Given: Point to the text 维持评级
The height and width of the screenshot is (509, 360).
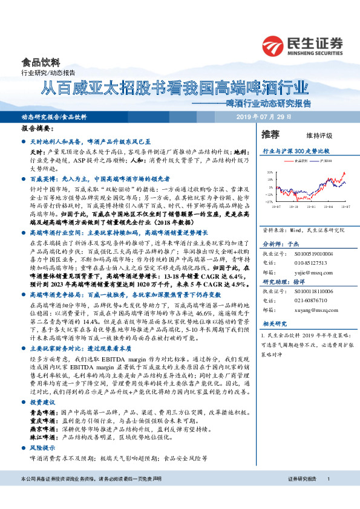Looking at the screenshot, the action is point(310,135).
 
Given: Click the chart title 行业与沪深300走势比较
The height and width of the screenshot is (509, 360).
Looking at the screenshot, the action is point(295,149).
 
